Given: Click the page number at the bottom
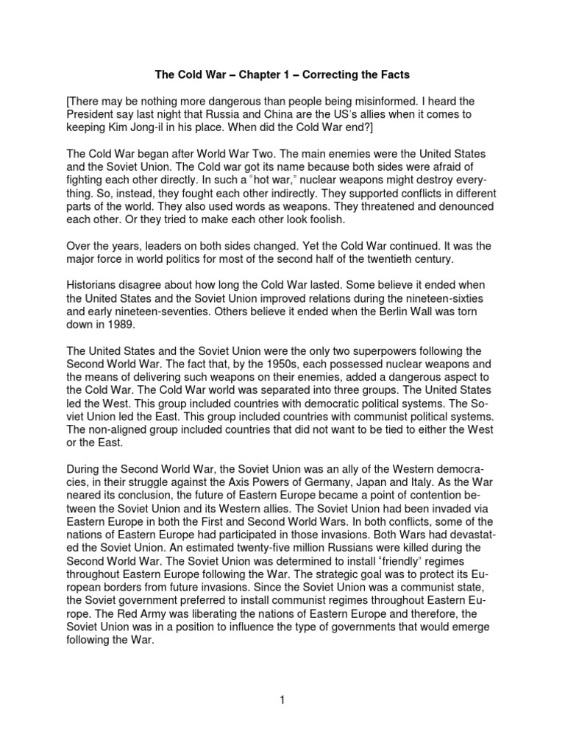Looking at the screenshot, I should pyautogui.click(x=282, y=699).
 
